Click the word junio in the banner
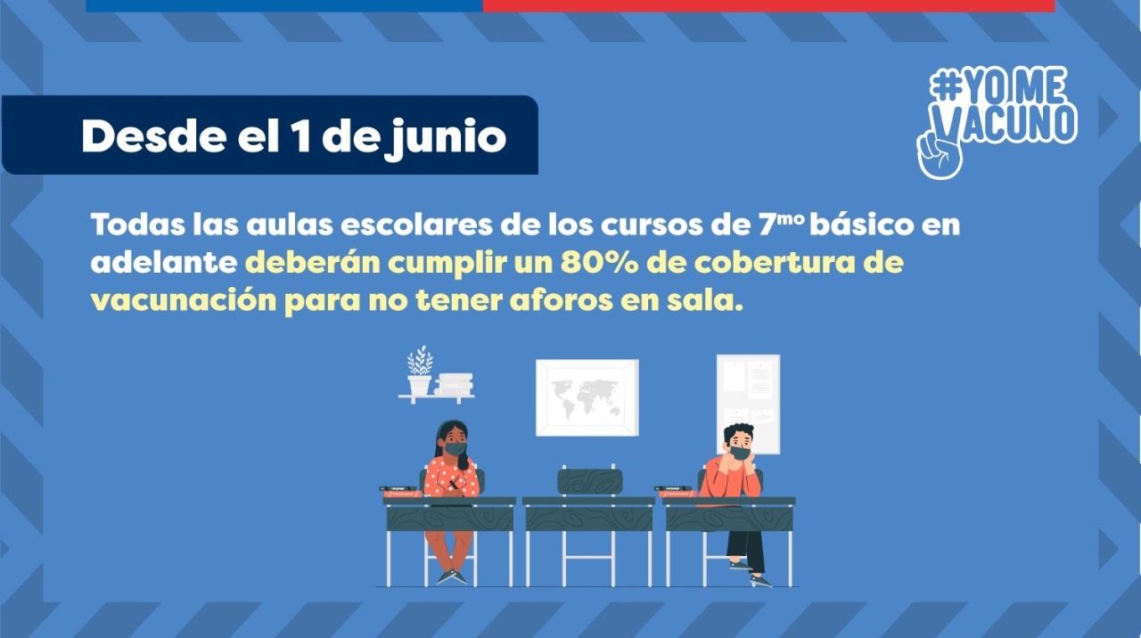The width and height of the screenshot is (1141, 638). click(x=446, y=138)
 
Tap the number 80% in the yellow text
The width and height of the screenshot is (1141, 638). click(x=600, y=263)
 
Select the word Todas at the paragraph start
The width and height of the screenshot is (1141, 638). click(x=137, y=225)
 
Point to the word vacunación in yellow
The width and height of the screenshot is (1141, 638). click(x=184, y=301)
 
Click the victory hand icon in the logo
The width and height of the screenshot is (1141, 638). click(x=939, y=149)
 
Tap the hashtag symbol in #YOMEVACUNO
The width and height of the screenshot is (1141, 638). click(x=946, y=86)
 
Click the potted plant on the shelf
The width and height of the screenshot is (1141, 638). click(x=420, y=370)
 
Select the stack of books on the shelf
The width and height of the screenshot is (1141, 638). click(x=454, y=384)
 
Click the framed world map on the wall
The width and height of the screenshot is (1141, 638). click(x=587, y=397)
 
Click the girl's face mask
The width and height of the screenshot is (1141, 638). click(x=455, y=449)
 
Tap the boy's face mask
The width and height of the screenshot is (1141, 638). click(x=740, y=453)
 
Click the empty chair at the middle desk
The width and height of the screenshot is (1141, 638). click(x=589, y=482)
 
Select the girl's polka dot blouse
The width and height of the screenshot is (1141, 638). click(x=452, y=477)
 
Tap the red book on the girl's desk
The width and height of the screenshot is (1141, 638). click(x=402, y=494)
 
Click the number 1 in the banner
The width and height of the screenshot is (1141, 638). click(x=301, y=136)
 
